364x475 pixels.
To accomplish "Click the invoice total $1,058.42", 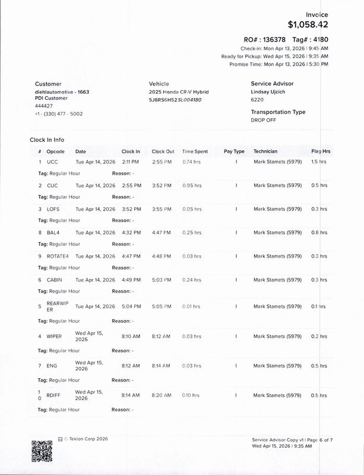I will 308,24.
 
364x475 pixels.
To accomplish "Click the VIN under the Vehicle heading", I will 175,100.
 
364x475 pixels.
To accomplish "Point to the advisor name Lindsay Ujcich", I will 272,92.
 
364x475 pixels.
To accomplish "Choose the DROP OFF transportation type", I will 264,120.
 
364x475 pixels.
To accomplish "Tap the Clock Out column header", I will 163,151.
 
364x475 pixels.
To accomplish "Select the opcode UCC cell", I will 52,161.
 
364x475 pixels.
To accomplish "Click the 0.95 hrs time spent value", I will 192,185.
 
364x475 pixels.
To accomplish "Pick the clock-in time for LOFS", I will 131,209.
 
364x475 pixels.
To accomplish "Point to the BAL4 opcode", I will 53,233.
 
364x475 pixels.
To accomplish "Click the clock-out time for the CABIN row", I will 162,280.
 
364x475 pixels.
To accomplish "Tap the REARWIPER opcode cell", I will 53,306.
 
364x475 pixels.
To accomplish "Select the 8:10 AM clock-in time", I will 131,336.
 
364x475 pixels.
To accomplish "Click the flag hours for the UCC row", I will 319,161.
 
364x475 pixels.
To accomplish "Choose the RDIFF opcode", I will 53,395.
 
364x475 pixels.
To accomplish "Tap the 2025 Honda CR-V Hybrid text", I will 179,92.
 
